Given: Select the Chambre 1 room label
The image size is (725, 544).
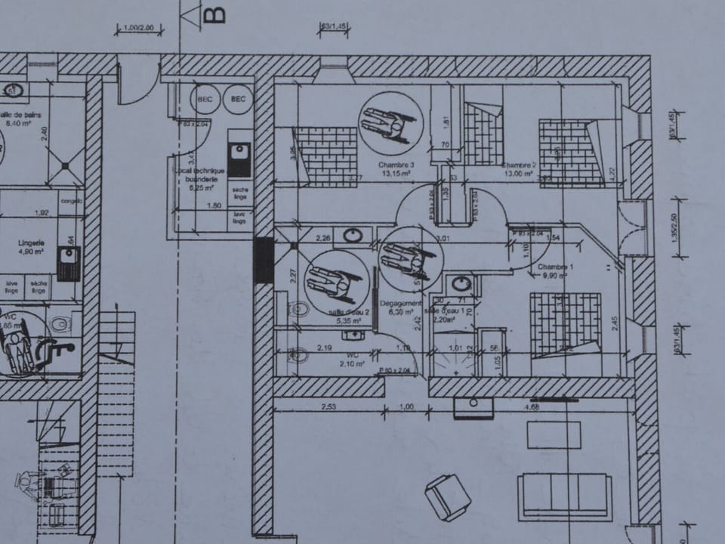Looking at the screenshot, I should coord(555,268).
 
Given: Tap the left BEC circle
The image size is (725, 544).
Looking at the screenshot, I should coord(205,99).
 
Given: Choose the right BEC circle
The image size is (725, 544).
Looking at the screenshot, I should coord(238,99).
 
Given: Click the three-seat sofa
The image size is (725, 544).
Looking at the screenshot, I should coord(565,496).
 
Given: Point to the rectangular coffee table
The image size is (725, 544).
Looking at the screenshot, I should coord(554,435).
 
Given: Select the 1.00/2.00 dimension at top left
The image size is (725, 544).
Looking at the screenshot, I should coord(139,29).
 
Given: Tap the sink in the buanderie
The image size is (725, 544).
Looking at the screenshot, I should coord(239,157).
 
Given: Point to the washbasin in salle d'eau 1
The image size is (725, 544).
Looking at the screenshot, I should coord(460,284).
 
